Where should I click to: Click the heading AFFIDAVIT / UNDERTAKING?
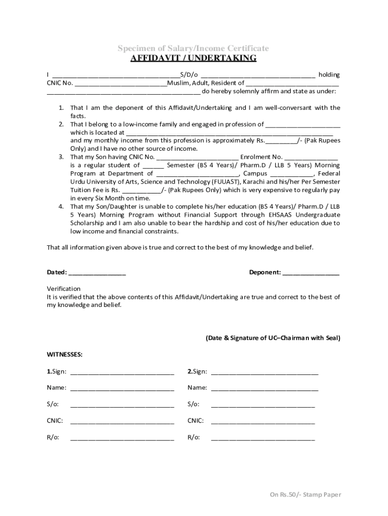tap(193, 58)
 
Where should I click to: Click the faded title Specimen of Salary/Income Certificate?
tap(193, 48)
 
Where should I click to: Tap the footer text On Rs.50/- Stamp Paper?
tap(305, 494)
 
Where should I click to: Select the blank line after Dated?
tap(97, 273)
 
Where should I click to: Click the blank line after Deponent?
tap(311, 273)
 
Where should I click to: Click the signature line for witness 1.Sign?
tap(122, 372)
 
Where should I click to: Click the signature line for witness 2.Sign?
tap(265, 372)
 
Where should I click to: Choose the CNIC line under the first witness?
tap(122, 421)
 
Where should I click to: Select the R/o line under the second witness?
tap(263, 437)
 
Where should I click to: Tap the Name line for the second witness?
tap(265, 388)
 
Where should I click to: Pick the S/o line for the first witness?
tap(122, 405)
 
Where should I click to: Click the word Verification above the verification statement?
tap(63, 289)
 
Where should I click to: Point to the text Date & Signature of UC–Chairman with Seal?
tap(273, 338)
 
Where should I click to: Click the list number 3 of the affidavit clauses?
tap(60, 157)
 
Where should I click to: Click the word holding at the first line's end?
tap(329, 75)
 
